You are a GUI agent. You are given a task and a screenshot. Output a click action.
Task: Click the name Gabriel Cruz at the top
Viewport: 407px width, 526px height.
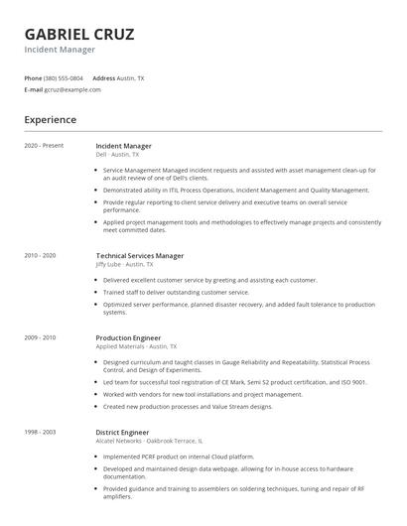click(79, 34)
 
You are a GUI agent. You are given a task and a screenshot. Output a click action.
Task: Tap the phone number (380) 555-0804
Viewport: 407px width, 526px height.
click(64, 77)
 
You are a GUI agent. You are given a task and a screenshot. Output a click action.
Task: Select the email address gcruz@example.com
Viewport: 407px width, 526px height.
click(72, 89)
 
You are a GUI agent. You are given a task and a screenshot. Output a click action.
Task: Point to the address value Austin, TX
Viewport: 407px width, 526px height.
click(131, 77)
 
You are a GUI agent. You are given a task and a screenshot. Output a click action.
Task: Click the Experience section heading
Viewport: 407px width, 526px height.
click(51, 120)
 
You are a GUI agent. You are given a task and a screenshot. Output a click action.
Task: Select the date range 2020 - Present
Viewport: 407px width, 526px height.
click(44, 146)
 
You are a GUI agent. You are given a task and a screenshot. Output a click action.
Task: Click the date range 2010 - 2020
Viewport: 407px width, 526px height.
click(41, 255)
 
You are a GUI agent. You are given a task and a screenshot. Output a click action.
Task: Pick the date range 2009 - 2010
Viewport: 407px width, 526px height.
click(41, 337)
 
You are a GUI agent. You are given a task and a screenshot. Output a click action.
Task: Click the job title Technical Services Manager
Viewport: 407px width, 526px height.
click(140, 255)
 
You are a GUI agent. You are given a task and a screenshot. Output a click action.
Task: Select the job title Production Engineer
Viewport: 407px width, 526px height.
click(128, 337)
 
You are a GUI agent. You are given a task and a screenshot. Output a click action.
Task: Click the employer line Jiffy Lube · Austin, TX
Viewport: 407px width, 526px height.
click(125, 264)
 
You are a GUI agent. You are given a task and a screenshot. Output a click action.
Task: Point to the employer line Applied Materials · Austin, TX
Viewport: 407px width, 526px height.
click(136, 346)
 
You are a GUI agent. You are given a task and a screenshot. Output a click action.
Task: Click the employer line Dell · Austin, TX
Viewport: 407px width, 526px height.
click(117, 155)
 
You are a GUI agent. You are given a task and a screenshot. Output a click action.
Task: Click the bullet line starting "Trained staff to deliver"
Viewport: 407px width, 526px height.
click(177, 292)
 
